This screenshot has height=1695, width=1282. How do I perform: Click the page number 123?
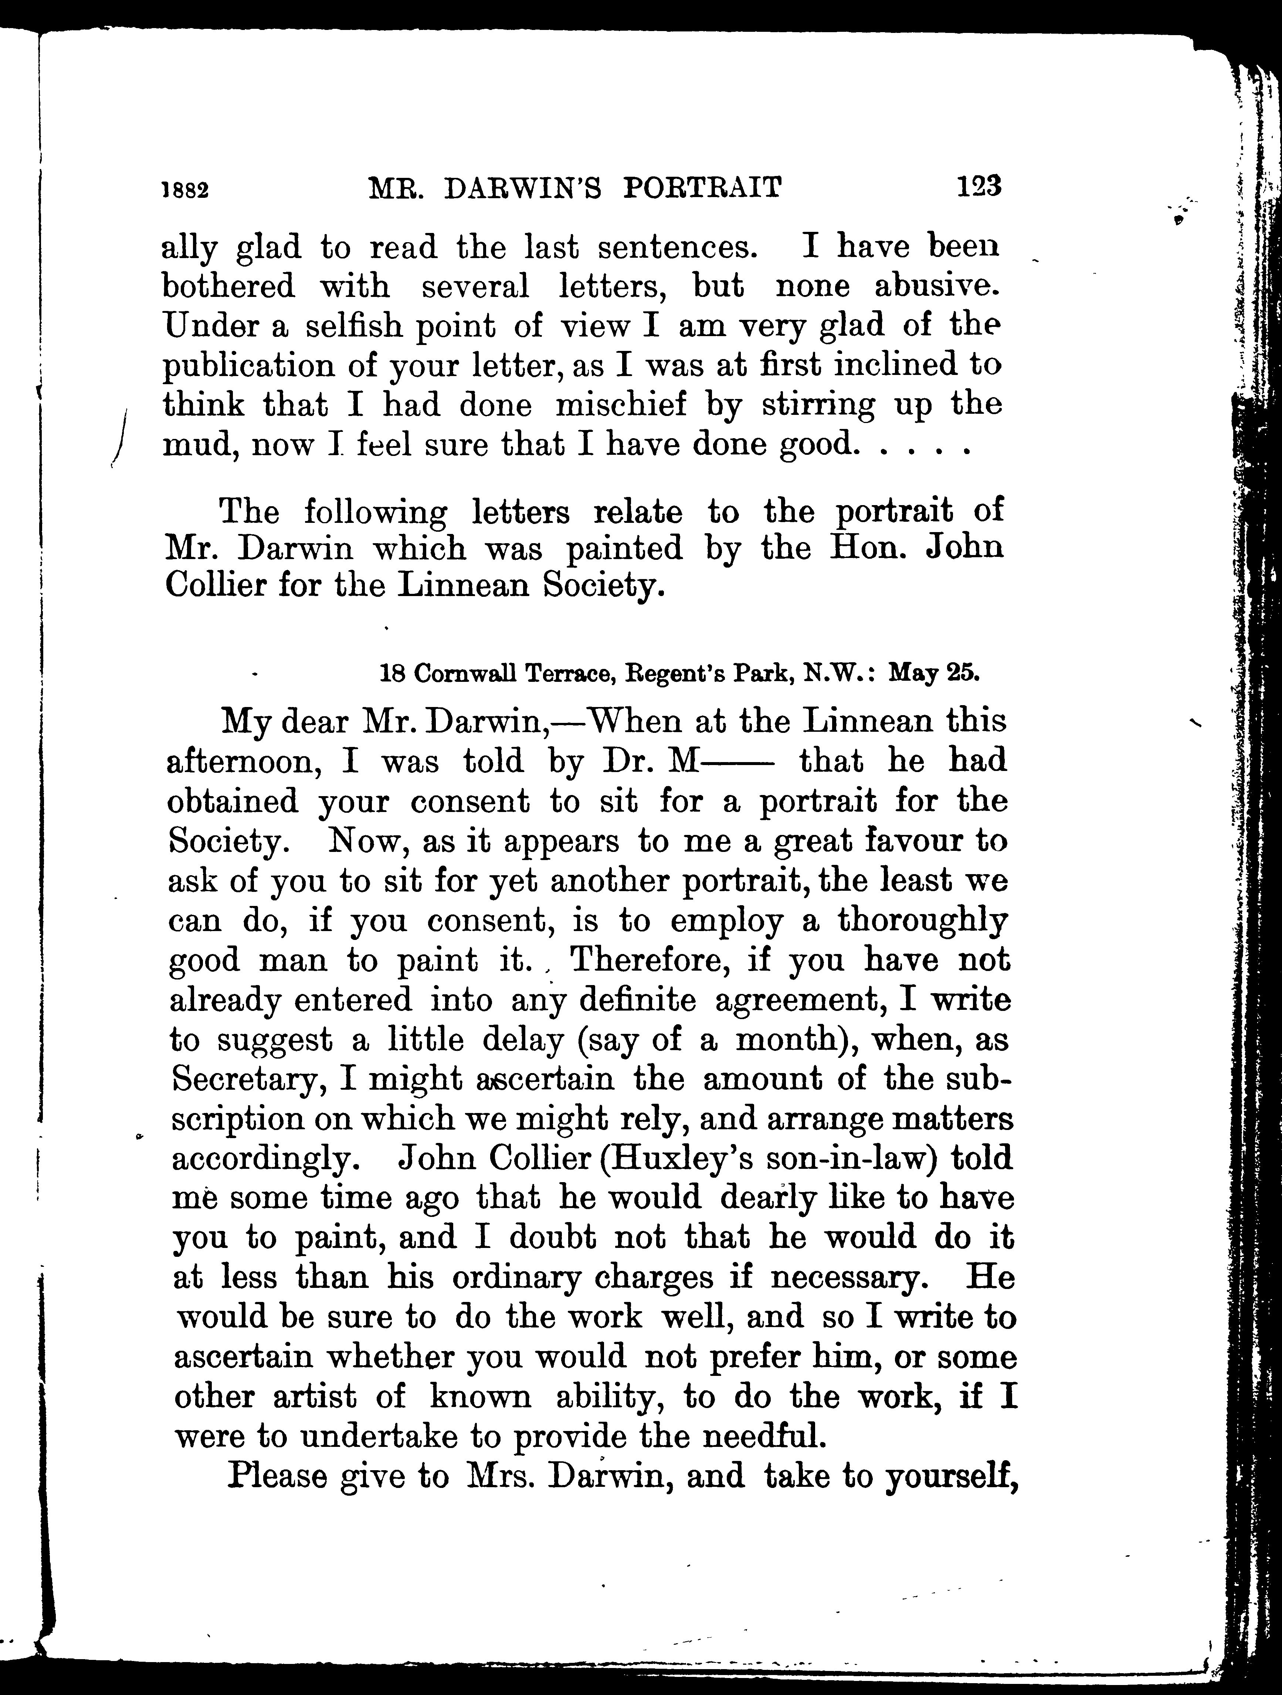[x=979, y=186]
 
